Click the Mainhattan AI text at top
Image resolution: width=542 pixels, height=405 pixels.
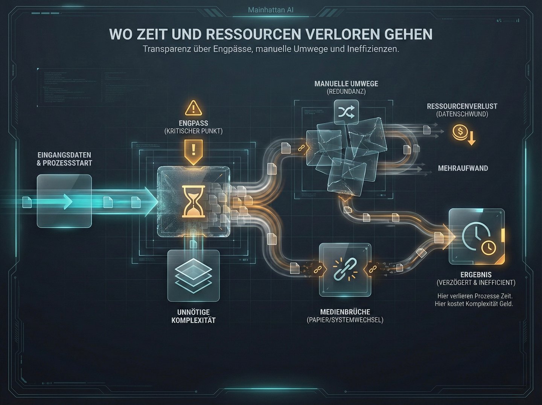(271, 10)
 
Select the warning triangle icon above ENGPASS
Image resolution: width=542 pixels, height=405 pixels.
(193, 108)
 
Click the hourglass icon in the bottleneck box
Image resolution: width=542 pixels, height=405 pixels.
(193, 201)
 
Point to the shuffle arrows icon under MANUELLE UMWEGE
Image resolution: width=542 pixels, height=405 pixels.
(346, 112)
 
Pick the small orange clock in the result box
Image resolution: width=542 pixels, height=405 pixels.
(489, 247)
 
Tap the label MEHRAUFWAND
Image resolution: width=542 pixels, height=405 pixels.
(463, 168)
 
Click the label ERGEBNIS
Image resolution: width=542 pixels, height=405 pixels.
(476, 275)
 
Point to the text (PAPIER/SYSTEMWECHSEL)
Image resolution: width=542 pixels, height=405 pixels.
(345, 320)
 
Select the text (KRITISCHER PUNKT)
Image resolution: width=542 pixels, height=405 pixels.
(193, 131)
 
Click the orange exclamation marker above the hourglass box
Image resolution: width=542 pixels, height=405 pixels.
(193, 151)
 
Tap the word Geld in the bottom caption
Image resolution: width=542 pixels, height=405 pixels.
(506, 304)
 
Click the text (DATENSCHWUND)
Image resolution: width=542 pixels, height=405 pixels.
(462, 114)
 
